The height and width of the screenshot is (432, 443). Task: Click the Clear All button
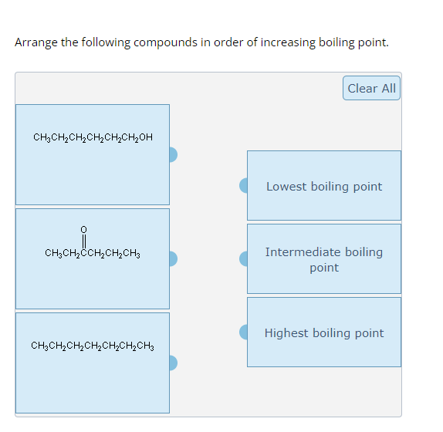[371, 88]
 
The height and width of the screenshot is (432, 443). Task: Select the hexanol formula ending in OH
[93, 138]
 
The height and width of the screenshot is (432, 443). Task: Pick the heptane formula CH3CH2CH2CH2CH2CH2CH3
[93, 346]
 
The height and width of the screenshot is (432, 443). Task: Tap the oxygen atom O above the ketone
[84, 229]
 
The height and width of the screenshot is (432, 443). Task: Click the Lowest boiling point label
[323, 187]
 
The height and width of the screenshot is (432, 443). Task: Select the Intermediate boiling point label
[323, 259]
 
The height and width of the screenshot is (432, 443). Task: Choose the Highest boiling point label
[323, 333]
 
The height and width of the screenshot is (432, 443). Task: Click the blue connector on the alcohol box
[173, 155]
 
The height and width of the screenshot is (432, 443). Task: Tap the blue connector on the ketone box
[173, 258]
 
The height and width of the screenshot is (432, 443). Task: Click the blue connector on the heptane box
[173, 363]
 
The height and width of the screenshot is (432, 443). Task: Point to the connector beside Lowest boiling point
[244, 185]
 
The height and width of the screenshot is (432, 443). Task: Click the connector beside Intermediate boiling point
[244, 258]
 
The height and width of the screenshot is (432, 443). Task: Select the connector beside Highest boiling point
[244, 332]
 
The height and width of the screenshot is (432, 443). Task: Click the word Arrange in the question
[36, 42]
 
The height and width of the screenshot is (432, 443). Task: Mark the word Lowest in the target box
[286, 187]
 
